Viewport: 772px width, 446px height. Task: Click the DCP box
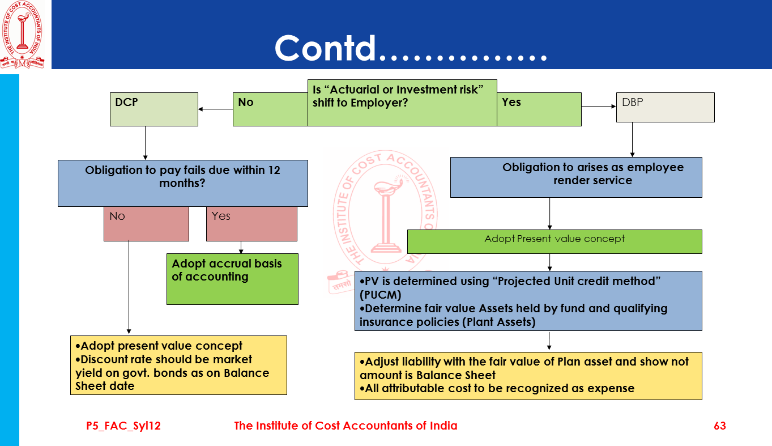[153, 109]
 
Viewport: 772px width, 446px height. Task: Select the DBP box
[665, 108]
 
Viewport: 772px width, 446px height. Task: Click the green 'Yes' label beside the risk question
[539, 109]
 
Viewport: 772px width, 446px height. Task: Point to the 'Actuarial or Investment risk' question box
[402, 103]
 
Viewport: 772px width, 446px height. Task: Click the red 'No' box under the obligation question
[146, 224]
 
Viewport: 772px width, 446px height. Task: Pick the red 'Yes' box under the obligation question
[251, 224]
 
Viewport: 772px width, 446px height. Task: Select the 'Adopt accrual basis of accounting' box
[232, 279]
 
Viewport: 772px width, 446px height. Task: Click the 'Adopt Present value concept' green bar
[555, 241]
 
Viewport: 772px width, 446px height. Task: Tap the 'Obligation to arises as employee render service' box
[576, 177]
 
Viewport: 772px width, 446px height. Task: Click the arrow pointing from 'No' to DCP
[215, 109]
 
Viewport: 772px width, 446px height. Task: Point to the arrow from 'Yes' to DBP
[599, 106]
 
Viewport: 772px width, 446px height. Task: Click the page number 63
[720, 426]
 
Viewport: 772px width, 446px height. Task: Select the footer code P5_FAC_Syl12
[123, 426]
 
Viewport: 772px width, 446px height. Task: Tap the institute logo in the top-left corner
[23, 35]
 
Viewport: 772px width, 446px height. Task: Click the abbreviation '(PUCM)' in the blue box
[380, 295]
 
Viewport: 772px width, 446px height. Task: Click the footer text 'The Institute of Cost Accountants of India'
[346, 426]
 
